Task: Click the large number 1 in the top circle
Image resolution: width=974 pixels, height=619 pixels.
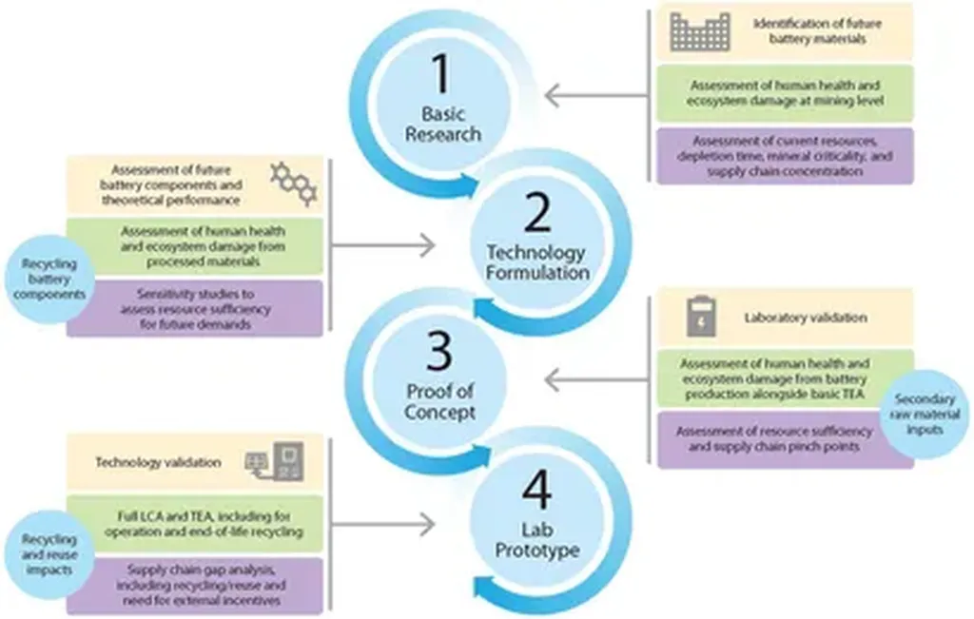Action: point(441,73)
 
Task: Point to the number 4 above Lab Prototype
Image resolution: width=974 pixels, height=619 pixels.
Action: point(536,490)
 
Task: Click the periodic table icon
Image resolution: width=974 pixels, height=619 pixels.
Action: point(700,31)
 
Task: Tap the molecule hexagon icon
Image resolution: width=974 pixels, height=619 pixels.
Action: point(294,184)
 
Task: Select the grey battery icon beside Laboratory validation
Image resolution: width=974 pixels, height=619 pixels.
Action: point(701,317)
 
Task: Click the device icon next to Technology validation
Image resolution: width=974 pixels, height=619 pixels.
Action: point(275,462)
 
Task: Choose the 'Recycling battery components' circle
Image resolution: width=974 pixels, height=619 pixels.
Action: point(49,279)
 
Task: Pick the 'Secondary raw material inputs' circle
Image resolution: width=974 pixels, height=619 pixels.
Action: point(925,415)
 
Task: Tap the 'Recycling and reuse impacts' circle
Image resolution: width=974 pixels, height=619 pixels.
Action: point(49,554)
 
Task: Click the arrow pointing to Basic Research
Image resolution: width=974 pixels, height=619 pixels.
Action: point(596,96)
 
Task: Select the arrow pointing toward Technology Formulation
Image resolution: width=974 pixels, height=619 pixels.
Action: point(382,246)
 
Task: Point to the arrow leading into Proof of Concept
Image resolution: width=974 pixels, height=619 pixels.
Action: point(596,379)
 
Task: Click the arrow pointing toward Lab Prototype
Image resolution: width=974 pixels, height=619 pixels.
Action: point(382,525)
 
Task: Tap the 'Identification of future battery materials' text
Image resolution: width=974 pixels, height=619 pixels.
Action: point(817,31)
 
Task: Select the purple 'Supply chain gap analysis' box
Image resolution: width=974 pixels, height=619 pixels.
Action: point(195,586)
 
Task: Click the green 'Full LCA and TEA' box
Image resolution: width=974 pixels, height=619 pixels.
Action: point(195,524)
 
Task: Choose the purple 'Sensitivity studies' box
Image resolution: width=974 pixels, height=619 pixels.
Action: point(195,309)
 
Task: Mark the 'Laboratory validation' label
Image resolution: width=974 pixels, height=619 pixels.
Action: point(805,318)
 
